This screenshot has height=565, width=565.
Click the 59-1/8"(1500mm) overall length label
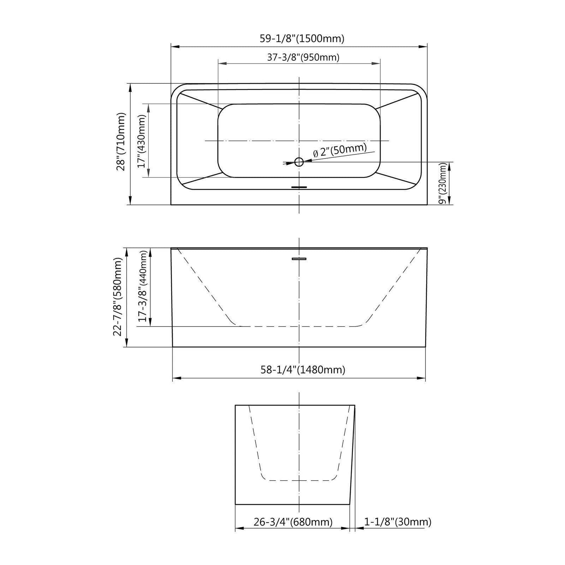coord(302,38)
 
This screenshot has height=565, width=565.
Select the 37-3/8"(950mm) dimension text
coord(303,57)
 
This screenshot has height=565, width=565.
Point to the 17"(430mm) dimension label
coord(142,141)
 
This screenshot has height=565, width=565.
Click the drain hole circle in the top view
coord(299,162)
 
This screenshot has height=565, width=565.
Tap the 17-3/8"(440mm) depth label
coord(142,286)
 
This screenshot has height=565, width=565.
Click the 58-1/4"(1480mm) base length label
coord(303,370)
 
